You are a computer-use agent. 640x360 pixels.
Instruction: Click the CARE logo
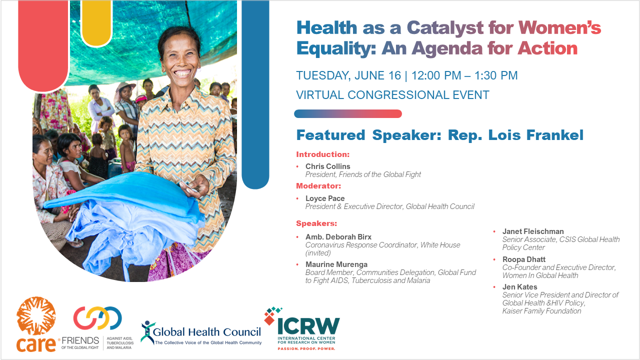(36, 324)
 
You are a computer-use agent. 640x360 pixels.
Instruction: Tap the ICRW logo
(302, 329)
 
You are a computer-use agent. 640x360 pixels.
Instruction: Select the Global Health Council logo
(201, 333)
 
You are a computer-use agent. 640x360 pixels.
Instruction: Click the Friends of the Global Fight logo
(97, 328)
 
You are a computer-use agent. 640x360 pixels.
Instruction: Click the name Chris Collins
(327, 166)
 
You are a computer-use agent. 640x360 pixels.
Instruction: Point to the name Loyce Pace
(325, 198)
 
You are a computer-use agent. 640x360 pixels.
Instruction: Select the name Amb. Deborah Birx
(338, 237)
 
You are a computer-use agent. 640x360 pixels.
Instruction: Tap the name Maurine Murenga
(336, 264)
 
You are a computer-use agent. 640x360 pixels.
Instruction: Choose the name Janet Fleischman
(533, 231)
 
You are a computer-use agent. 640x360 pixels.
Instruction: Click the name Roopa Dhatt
(523, 259)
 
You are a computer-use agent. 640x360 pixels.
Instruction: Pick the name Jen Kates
(519, 287)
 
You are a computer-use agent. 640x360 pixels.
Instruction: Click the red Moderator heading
(318, 186)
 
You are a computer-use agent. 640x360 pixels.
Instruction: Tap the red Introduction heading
(323, 154)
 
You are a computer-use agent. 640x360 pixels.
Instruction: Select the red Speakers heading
(316, 223)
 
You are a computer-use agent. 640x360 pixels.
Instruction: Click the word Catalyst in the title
(445, 28)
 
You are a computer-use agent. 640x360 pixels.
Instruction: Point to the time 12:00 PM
(436, 75)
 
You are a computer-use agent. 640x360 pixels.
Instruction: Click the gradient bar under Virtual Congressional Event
(348, 113)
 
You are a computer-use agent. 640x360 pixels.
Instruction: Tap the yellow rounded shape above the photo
(96, 23)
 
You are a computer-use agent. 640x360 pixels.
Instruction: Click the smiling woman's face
(181, 57)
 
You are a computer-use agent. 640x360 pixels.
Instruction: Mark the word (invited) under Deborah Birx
(318, 253)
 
